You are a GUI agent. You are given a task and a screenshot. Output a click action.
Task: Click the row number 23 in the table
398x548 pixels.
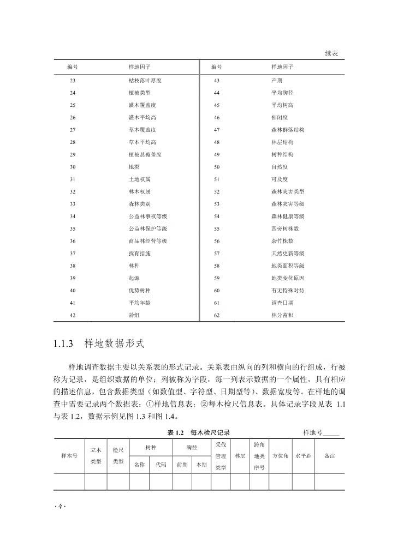point(73,80)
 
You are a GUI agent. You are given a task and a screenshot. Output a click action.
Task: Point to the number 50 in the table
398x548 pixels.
point(217,167)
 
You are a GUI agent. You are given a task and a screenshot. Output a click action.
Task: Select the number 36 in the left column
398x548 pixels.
point(73,241)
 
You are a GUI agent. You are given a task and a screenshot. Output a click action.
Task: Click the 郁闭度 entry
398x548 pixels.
point(279,117)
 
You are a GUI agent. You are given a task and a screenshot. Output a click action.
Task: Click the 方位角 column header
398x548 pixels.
point(280,456)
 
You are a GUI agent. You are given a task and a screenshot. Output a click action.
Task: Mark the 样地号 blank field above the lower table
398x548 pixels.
point(331,432)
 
